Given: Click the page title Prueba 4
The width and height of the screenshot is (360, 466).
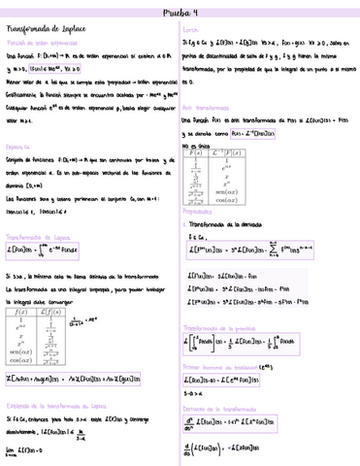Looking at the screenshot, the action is coord(180,13).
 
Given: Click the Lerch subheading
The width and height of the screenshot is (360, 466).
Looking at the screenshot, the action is coord(191,31).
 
